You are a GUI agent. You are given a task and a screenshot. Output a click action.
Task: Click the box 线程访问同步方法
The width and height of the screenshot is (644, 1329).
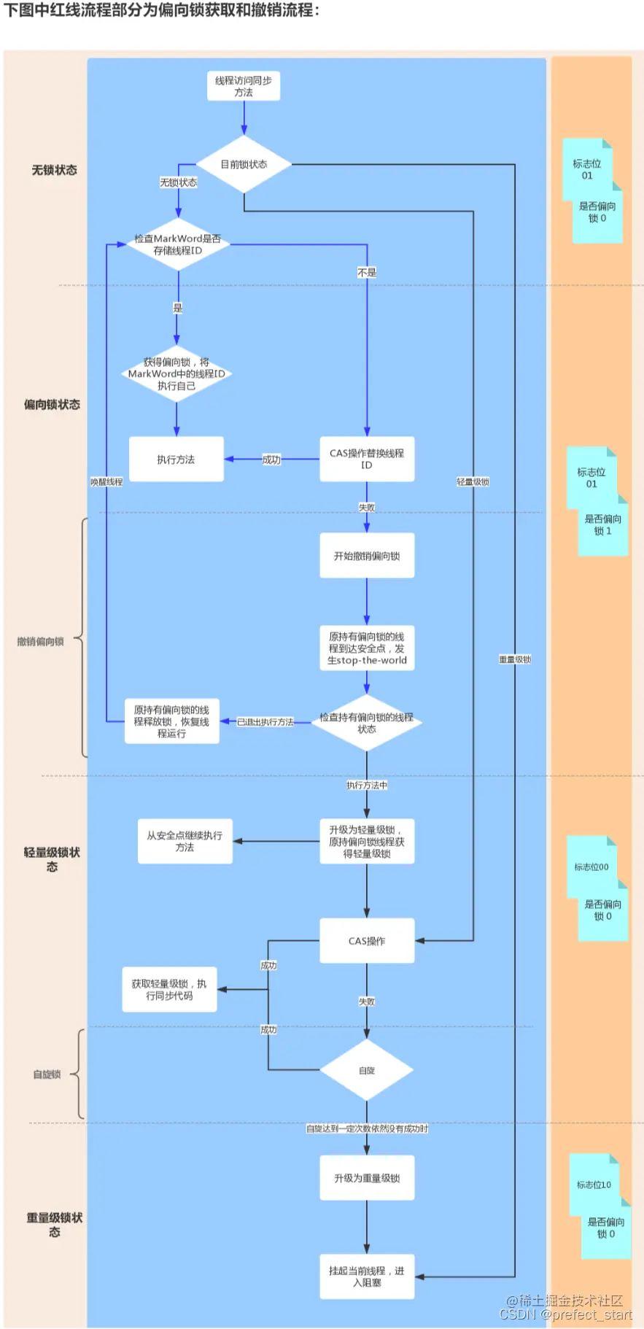pos(244,86)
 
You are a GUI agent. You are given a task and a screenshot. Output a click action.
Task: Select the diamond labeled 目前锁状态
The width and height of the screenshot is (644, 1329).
pos(244,164)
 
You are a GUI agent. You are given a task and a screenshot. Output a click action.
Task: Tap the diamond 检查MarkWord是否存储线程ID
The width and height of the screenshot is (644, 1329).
pos(177,244)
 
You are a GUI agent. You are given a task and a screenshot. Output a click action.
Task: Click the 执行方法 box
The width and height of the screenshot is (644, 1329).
pos(176,460)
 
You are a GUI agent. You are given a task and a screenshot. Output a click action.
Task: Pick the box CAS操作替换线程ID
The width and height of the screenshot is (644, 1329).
pos(367,459)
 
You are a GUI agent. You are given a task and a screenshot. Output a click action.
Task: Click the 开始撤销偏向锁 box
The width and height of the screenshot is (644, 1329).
pos(367,556)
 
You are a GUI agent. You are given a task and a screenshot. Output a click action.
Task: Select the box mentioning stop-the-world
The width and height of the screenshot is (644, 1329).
pos(367,648)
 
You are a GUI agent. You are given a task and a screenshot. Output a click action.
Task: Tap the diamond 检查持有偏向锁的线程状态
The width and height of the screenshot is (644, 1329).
pos(366,723)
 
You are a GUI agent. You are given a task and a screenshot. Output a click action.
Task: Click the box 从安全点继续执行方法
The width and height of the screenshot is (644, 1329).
pos(185,841)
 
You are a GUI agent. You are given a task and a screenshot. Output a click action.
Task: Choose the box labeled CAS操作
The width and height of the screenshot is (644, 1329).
pos(367,941)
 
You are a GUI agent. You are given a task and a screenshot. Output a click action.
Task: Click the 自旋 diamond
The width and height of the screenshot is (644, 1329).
pos(367,1070)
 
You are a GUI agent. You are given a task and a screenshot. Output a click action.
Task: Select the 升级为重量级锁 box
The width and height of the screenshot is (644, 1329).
pos(367,1178)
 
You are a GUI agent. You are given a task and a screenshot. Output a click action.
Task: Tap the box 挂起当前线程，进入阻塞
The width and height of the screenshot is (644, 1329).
pos(367,1276)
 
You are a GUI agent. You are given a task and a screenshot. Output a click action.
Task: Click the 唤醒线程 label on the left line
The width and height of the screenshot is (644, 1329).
pos(106,482)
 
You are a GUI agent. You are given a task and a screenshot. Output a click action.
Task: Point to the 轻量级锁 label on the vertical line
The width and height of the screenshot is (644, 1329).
pos(473,482)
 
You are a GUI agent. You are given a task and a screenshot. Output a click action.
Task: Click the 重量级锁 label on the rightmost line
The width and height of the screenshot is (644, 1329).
pos(515,659)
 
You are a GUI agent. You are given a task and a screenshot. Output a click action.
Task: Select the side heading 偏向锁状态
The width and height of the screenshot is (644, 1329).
pos(52,404)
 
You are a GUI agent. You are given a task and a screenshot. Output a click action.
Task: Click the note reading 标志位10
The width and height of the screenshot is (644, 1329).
pos(594,1185)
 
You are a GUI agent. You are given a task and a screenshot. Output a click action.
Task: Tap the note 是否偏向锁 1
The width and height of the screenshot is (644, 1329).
pos(602,525)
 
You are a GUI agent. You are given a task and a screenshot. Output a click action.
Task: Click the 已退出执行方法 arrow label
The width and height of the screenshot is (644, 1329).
pos(265,722)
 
